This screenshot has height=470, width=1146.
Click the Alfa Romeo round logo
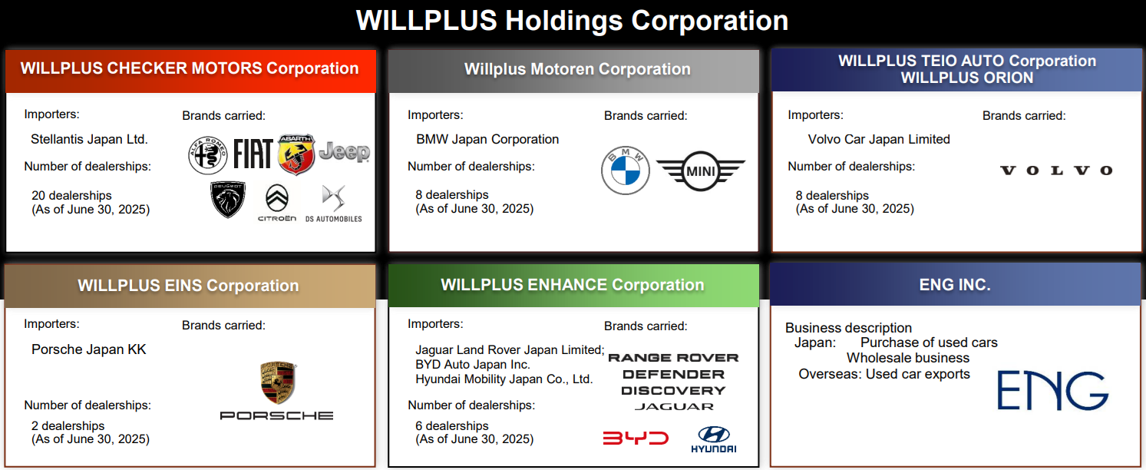(207, 154)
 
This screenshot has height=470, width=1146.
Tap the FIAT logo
(253, 154)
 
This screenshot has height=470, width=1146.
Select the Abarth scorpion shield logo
(297, 154)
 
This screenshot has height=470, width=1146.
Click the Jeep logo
(345, 152)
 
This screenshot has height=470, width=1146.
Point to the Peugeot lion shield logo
(228, 200)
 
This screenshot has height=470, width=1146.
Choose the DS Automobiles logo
(334, 204)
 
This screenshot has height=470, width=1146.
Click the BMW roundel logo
(625, 170)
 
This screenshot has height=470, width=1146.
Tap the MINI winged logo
(701, 171)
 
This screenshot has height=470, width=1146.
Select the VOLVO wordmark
(1056, 170)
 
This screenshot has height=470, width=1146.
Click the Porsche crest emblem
(279, 382)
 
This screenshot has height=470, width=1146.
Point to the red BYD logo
(636, 439)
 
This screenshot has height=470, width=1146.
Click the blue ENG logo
(1053, 391)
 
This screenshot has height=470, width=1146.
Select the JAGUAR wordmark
(674, 406)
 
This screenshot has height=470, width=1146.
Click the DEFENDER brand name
(674, 374)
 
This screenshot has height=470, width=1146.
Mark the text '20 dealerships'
(71, 196)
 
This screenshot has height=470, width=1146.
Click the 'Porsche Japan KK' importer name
(89, 349)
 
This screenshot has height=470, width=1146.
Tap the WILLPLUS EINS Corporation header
(188, 286)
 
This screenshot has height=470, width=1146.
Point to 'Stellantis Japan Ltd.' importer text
(89, 139)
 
